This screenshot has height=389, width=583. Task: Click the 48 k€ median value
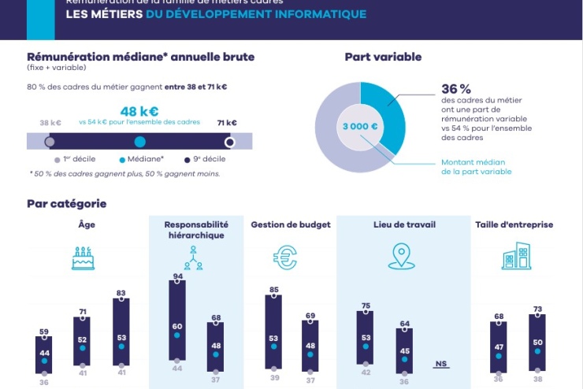[140, 111]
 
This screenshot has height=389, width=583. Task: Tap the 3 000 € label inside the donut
[359, 126]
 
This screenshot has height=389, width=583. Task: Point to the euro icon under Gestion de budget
[285, 257]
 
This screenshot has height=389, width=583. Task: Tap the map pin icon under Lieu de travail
[402, 256]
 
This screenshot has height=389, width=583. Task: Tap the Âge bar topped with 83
[121, 331]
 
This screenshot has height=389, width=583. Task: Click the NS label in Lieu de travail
[441, 364]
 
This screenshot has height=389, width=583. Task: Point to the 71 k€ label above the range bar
[227, 123]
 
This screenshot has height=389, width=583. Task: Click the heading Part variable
[383, 57]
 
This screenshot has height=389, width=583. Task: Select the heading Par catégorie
[66, 203]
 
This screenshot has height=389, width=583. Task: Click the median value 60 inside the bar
[177, 326]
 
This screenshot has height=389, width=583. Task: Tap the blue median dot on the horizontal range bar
[140, 142]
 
